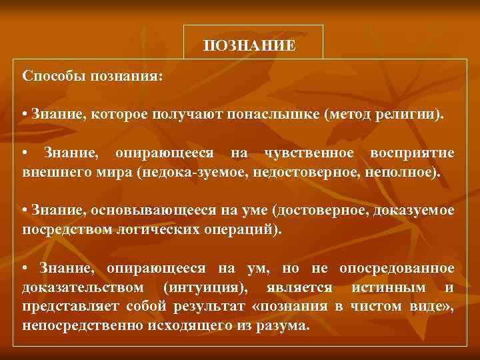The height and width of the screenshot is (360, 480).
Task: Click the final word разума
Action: (287, 326)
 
